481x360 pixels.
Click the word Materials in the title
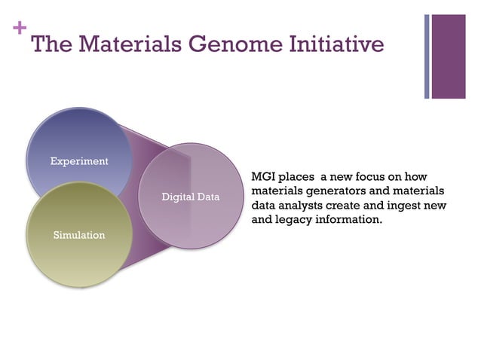pos(124,44)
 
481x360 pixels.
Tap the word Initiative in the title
pos(337,44)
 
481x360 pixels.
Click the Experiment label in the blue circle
pos(79,161)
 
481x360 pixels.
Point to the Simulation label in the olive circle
pos(79,235)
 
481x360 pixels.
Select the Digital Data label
pos(191,197)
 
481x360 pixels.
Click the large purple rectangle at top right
pos(449,56)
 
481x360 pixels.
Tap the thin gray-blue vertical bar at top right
pos(427,56)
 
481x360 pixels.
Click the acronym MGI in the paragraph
pos(264,176)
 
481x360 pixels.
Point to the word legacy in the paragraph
pos(293,221)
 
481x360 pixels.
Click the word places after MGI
pos(296,176)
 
